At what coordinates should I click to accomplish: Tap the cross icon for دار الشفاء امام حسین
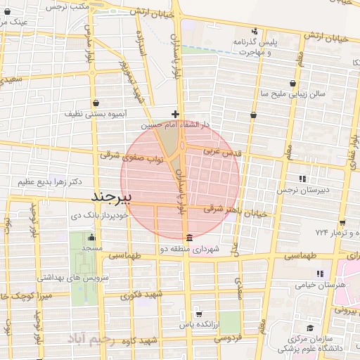tap(176, 114)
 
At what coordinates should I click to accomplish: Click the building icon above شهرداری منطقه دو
tap(188, 238)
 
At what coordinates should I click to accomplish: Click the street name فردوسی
tap(228, 337)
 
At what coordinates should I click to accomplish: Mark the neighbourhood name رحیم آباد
tap(99, 340)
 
